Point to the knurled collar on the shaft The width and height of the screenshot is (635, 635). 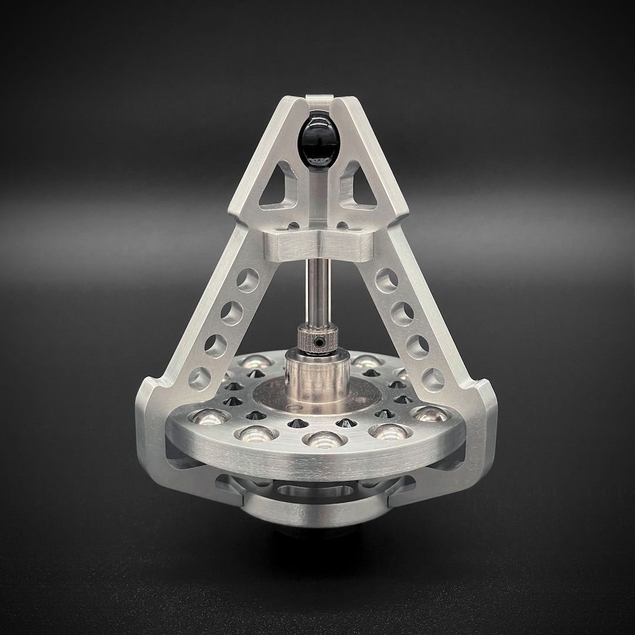click(x=317, y=340)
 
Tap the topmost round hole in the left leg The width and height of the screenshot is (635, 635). click(x=248, y=280)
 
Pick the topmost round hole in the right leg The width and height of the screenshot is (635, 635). click(x=386, y=280)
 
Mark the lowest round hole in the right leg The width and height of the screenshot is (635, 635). click(x=433, y=379)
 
